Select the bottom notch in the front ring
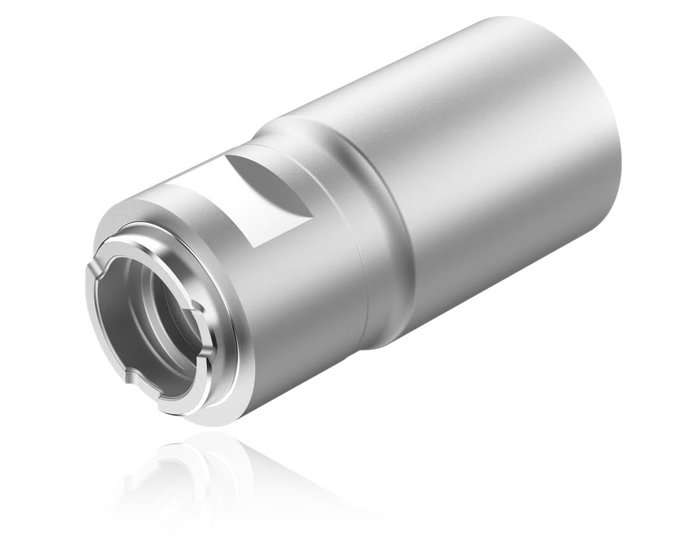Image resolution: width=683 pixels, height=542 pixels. [x=130, y=378]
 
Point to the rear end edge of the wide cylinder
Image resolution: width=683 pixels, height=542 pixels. [x=610, y=126]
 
